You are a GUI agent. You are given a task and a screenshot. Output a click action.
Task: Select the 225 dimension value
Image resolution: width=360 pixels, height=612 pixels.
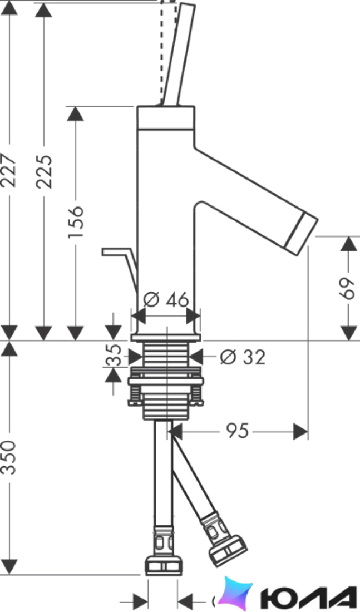coord(44,172)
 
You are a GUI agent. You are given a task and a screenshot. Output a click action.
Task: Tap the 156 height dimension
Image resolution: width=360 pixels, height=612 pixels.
coord(75,221)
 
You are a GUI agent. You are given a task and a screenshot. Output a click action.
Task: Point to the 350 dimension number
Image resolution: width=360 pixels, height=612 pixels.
coord(8,457)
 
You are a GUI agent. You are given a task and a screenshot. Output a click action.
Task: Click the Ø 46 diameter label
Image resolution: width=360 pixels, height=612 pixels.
coord(166,300)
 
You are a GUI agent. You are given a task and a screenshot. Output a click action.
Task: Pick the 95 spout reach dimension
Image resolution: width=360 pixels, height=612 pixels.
coord(236,431)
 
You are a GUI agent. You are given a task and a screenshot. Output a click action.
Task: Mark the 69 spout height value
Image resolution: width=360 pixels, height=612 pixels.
coord(346,288)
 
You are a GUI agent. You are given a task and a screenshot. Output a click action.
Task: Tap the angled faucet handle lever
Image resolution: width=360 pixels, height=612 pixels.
coord(178,55)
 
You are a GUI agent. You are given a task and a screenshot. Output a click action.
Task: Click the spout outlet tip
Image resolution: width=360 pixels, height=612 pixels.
coord(300,230)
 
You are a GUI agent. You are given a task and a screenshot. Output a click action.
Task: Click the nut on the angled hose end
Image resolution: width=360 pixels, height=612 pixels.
coord(228,551)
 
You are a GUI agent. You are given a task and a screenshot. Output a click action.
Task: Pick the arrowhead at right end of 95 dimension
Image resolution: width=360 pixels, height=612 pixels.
coord(301,431)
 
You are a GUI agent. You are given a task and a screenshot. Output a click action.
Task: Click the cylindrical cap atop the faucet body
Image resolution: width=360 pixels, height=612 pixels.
coord(166,117)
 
